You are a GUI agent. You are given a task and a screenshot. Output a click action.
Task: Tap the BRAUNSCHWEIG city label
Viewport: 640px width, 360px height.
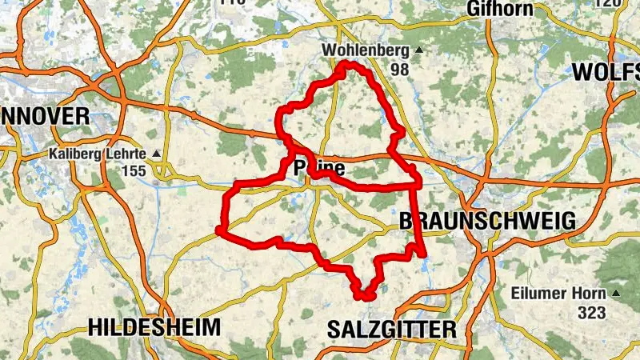[486, 221]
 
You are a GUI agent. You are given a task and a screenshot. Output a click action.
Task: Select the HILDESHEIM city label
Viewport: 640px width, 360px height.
[154, 327]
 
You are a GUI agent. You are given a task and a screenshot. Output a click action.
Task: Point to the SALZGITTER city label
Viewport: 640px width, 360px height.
[392, 329]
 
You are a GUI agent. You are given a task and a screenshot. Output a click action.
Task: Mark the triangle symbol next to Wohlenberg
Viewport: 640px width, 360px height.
[418, 50]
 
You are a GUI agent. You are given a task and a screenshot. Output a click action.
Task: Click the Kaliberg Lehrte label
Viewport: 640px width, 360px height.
[98, 154]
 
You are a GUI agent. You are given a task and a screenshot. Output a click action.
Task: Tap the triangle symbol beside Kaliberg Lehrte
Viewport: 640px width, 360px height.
[156, 154]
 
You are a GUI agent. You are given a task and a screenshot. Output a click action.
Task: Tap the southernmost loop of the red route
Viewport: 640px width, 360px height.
[365, 295]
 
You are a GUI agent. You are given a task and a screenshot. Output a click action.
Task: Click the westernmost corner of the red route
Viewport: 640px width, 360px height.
[218, 230]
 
